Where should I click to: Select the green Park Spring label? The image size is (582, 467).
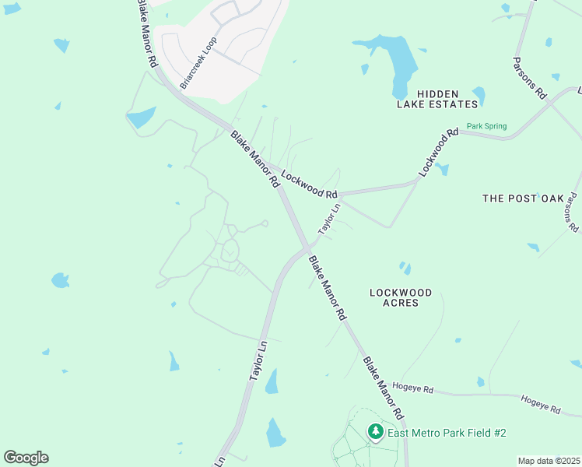[486, 126]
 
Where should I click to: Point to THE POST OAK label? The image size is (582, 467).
[522, 198]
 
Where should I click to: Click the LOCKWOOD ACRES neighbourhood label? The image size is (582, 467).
[400, 297]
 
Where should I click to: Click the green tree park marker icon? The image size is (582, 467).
[376, 432]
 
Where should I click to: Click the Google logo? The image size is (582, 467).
[26, 458]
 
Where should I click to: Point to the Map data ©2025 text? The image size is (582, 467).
[549, 461]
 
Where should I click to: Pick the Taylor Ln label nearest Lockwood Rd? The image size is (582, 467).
[329, 219]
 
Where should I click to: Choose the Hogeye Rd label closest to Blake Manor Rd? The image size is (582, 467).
[412, 387]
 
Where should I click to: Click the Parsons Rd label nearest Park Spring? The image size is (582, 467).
[531, 77]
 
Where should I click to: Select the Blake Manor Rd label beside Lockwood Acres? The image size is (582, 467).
[327, 289]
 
